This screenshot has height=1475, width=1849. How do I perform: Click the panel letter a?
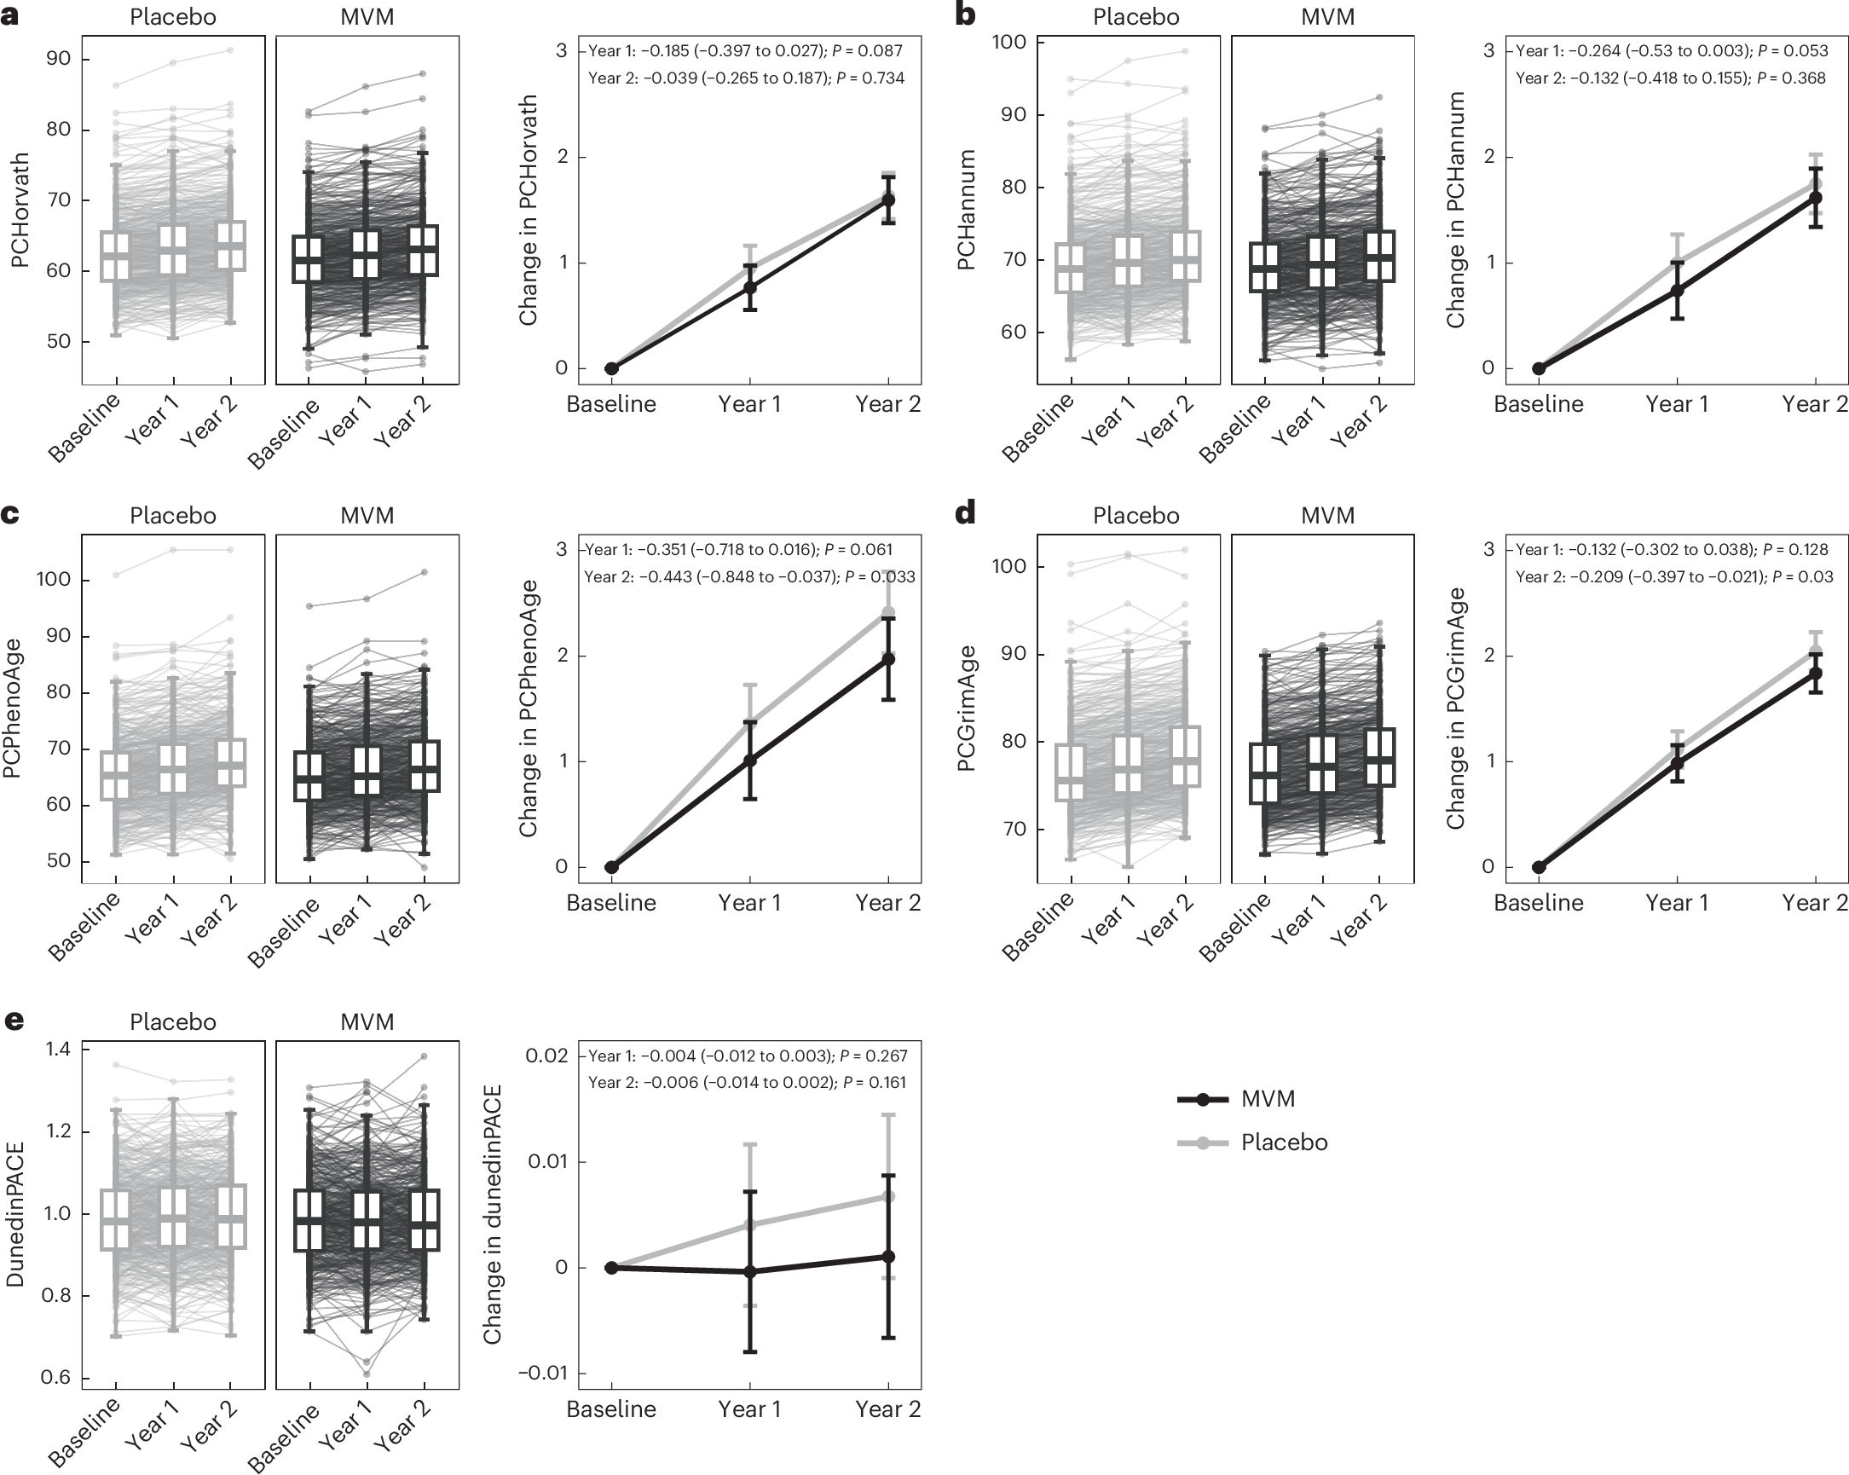point(9,16)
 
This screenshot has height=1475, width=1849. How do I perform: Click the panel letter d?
point(965,513)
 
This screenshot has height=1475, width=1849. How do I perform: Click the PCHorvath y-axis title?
point(20,210)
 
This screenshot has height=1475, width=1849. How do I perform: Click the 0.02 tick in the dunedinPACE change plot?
point(546,1055)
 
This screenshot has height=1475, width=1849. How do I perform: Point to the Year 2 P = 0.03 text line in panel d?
point(1674,577)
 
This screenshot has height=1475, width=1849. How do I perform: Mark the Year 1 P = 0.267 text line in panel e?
point(747,1056)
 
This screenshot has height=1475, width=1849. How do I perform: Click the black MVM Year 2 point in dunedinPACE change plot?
point(888,1257)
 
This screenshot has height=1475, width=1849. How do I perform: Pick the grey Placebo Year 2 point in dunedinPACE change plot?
point(888,1195)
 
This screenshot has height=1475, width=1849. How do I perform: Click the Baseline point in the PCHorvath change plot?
point(611,368)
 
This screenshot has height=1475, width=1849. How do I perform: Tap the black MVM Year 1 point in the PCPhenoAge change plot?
point(750,760)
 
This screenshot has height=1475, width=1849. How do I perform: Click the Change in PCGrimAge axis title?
point(1455,708)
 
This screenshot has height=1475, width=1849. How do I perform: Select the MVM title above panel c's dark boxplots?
point(367,515)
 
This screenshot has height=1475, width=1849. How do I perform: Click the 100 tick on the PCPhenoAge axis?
point(53,579)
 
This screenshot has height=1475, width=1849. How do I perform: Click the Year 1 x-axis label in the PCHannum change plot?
point(1677,404)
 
